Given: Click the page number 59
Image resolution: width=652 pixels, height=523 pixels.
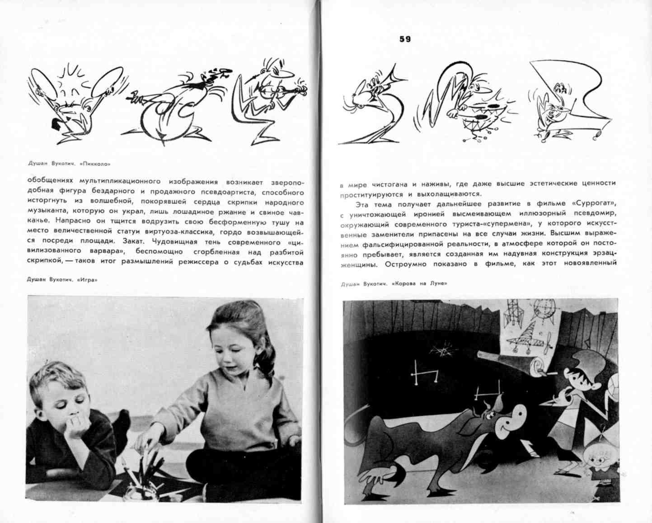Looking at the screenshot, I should [x=405, y=39].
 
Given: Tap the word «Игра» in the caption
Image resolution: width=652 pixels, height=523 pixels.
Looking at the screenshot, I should [x=88, y=280].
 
